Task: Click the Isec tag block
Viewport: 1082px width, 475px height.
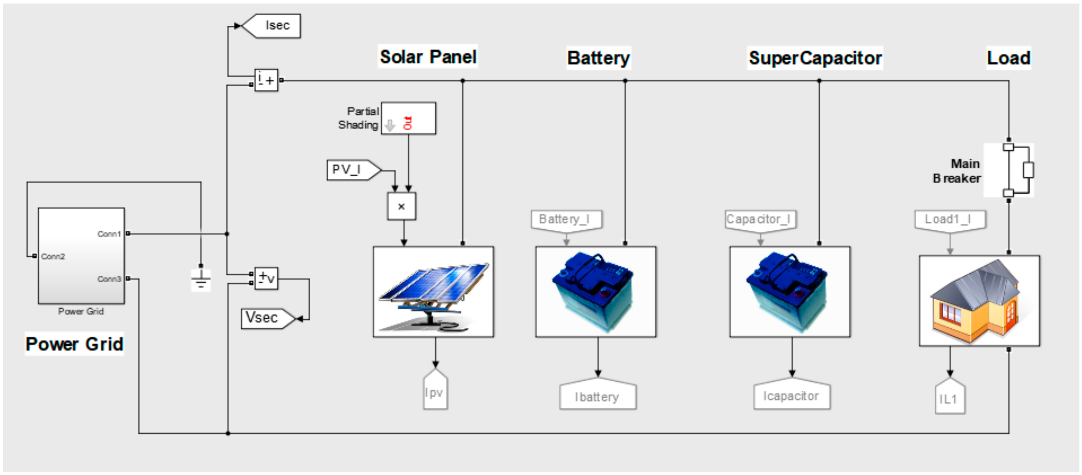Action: click(x=273, y=26)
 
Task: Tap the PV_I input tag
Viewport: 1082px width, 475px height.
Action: click(x=351, y=170)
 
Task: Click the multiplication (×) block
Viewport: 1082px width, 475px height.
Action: click(x=401, y=206)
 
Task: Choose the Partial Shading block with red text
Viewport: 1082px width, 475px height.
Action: click(x=408, y=119)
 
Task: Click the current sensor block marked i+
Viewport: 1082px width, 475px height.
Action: click(x=266, y=80)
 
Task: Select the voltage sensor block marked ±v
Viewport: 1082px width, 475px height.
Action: click(x=266, y=278)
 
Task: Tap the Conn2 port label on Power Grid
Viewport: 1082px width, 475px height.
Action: click(x=53, y=256)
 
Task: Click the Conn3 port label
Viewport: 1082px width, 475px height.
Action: click(x=109, y=279)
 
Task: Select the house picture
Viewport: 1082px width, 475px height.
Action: click(x=979, y=301)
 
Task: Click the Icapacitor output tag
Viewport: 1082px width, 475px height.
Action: click(x=791, y=396)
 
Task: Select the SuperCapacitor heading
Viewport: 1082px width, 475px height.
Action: click(x=815, y=58)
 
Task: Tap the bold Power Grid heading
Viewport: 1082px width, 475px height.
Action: click(x=74, y=344)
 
